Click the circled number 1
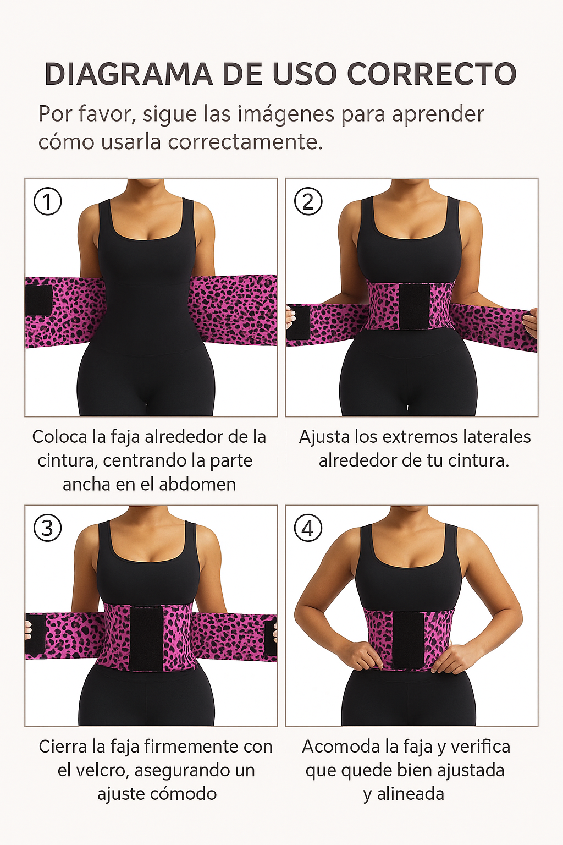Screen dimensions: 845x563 pyautogui.click(x=48, y=201)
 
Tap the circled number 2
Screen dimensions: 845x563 pyautogui.click(x=308, y=201)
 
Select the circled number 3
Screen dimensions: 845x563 pyautogui.click(x=48, y=528)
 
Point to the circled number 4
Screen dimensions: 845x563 pyautogui.click(x=308, y=528)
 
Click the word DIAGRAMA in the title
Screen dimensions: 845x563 pyautogui.click(x=129, y=74)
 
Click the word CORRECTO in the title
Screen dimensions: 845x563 pyautogui.click(x=432, y=74)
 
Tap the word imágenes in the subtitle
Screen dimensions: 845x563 pyautogui.click(x=286, y=114)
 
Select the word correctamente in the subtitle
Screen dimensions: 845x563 pyautogui.click(x=245, y=142)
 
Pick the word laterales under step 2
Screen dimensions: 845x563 pyautogui.click(x=496, y=437)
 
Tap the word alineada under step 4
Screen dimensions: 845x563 pyautogui.click(x=410, y=794)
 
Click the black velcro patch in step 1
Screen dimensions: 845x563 pyautogui.click(x=38, y=300)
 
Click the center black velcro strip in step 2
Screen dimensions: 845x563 pyautogui.click(x=413, y=306)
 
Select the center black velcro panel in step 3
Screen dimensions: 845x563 pyautogui.click(x=146, y=638)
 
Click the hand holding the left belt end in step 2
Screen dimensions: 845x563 pyautogui.click(x=291, y=317)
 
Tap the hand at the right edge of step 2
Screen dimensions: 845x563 pyautogui.click(x=531, y=322)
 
